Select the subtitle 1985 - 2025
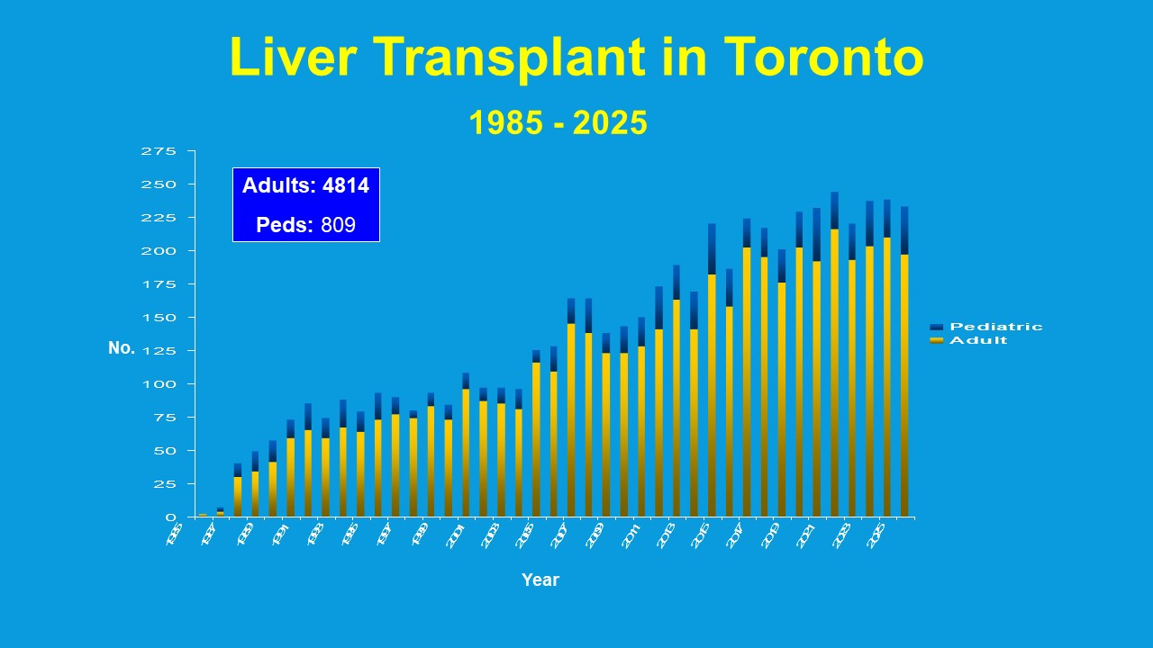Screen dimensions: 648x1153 558,123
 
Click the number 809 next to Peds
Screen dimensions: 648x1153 338,225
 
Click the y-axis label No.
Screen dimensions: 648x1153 121,348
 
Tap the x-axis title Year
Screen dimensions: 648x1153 540,580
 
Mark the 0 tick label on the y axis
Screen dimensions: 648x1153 170,517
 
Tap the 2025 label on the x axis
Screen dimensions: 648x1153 876,533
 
